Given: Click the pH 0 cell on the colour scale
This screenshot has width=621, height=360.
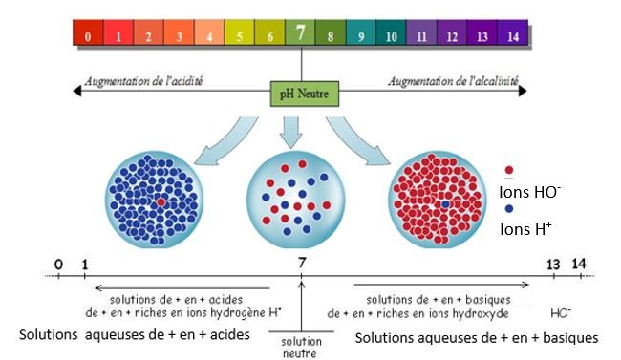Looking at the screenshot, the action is click(87, 36).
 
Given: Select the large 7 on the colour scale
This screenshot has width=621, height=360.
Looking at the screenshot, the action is click(301, 33).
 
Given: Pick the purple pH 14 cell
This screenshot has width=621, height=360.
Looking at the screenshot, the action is click(513, 36).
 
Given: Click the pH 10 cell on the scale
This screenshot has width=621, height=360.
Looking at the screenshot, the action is click(392, 36).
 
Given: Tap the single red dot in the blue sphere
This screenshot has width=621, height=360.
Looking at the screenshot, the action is click(161, 202).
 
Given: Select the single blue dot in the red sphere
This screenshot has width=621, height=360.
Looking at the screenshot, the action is click(445, 203).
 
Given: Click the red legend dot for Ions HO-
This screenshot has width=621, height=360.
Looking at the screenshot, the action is click(510, 172).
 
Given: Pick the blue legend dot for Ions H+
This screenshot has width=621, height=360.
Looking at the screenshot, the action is click(510, 207).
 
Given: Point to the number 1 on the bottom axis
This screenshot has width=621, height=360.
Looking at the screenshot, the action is click(85, 264).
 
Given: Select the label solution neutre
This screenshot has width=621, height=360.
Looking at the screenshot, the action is click(301, 345).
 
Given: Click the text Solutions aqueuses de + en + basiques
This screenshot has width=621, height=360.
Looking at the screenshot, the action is click(476, 337).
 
